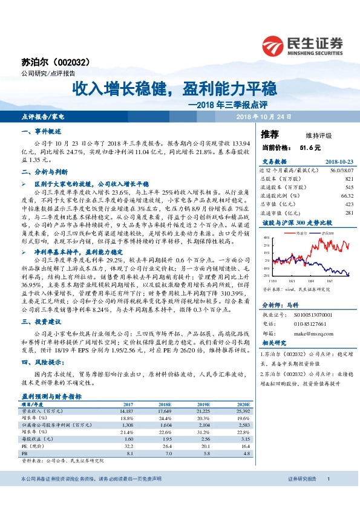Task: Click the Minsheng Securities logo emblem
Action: pos(275,44)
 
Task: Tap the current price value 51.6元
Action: pos(309,147)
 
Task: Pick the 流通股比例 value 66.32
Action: pos(347,196)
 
